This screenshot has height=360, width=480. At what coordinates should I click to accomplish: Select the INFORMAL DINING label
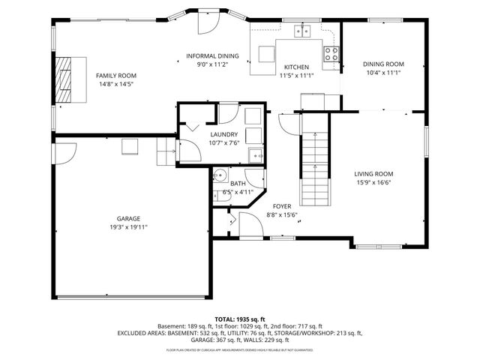[x=212, y=56]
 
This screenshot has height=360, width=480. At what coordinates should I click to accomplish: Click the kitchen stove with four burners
[x=330, y=53]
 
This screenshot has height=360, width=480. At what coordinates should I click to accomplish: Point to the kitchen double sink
[x=303, y=31]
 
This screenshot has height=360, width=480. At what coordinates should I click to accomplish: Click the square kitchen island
[x=267, y=54]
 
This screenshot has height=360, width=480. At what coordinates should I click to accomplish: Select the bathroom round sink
[x=220, y=176]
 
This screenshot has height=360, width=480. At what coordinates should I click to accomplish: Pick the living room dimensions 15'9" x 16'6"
[x=373, y=181]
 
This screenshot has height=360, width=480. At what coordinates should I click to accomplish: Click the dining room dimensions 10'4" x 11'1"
[x=383, y=73]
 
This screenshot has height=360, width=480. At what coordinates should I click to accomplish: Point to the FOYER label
[x=282, y=205]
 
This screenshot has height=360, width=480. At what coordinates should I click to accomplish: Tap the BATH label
[x=238, y=183]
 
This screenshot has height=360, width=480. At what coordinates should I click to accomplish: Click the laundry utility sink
[x=256, y=155]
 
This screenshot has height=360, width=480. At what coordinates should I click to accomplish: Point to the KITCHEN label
[x=295, y=67]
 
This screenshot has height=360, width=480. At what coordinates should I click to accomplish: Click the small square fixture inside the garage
[x=130, y=148]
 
